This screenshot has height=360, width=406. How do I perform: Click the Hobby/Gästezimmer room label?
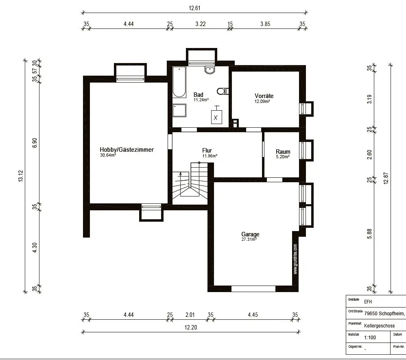[x=127, y=150]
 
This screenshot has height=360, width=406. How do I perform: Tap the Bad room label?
[x=199, y=95]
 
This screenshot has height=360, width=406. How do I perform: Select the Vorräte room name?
[x=264, y=96]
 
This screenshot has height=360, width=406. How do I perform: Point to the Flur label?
[x=207, y=151]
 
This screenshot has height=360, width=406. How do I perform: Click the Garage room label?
[x=250, y=234]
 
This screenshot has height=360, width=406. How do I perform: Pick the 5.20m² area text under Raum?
[x=283, y=157]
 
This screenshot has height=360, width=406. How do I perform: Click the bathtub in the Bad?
[x=179, y=82]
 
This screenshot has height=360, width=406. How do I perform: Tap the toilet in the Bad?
[x=223, y=91]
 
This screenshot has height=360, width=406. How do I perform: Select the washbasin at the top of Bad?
[x=210, y=70]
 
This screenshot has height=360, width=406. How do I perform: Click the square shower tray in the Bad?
[x=179, y=110]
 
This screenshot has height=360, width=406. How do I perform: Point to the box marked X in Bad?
[x=216, y=117]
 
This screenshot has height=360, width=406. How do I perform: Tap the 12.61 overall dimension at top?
[x=194, y=8]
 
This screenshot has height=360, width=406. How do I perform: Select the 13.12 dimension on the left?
[x=21, y=176]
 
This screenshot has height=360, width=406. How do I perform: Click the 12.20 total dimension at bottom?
[x=190, y=327]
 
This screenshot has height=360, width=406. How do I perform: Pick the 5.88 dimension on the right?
[x=369, y=234]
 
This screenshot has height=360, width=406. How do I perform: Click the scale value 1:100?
[x=370, y=338]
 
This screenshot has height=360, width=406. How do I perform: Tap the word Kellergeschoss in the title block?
[x=379, y=326]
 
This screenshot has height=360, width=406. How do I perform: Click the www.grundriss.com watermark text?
[x=295, y=259]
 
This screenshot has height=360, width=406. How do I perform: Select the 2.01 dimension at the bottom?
[x=190, y=315]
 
